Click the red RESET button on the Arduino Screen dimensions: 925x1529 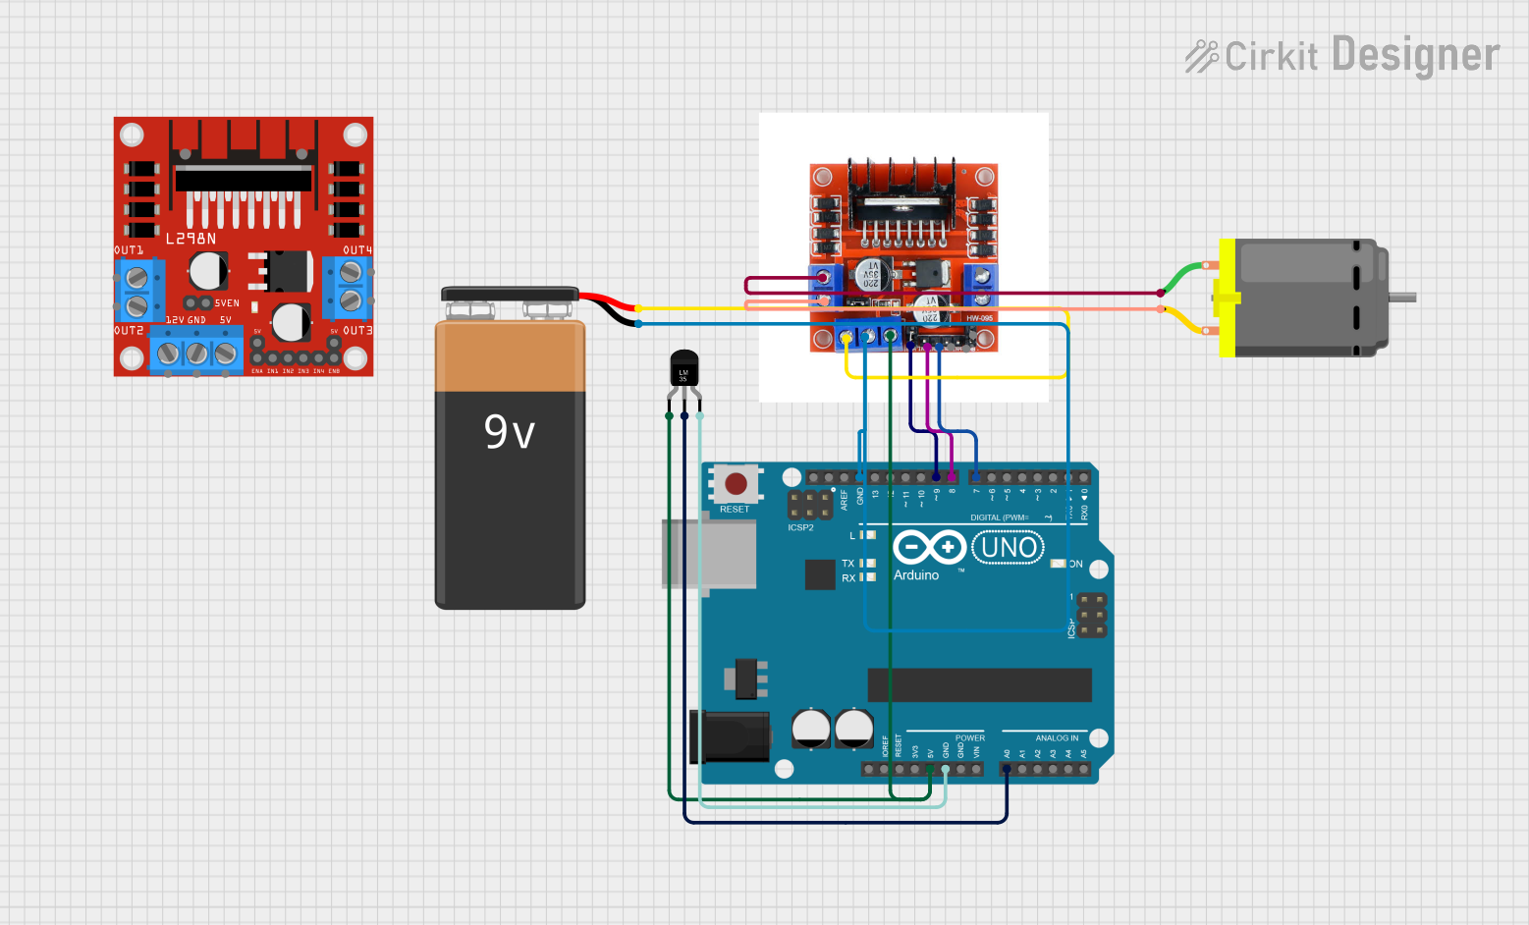click(736, 483)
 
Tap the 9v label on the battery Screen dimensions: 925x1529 click(510, 432)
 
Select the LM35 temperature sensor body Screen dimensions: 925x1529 click(684, 370)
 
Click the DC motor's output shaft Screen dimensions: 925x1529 click(1402, 297)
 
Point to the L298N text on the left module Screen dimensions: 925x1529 click(191, 239)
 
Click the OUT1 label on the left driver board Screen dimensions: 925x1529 click(129, 250)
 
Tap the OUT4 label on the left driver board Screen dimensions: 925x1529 click(357, 250)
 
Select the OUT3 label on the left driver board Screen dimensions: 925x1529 click(357, 331)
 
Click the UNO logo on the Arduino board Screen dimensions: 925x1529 click(1008, 547)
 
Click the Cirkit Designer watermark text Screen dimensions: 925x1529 click(1342, 55)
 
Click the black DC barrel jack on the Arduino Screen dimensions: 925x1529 click(732, 737)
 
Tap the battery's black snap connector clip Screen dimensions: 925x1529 click(510, 294)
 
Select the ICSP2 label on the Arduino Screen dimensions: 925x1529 click(800, 527)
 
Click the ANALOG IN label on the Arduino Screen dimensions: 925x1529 click(1057, 737)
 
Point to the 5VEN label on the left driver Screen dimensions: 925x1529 click(227, 303)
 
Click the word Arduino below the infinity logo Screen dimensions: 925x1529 click(916, 575)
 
